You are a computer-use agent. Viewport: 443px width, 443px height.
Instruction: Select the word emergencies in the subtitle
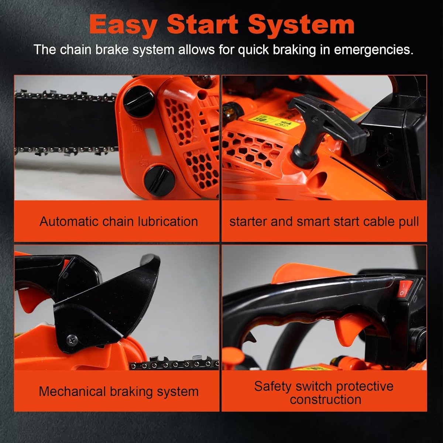374,50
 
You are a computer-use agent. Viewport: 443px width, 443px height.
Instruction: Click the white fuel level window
152,142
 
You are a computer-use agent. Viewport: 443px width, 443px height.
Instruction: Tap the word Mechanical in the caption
72,392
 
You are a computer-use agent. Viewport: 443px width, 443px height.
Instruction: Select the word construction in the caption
325,399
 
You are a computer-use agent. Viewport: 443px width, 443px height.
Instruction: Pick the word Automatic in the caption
69,221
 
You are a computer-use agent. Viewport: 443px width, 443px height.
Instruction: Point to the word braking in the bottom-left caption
131,392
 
